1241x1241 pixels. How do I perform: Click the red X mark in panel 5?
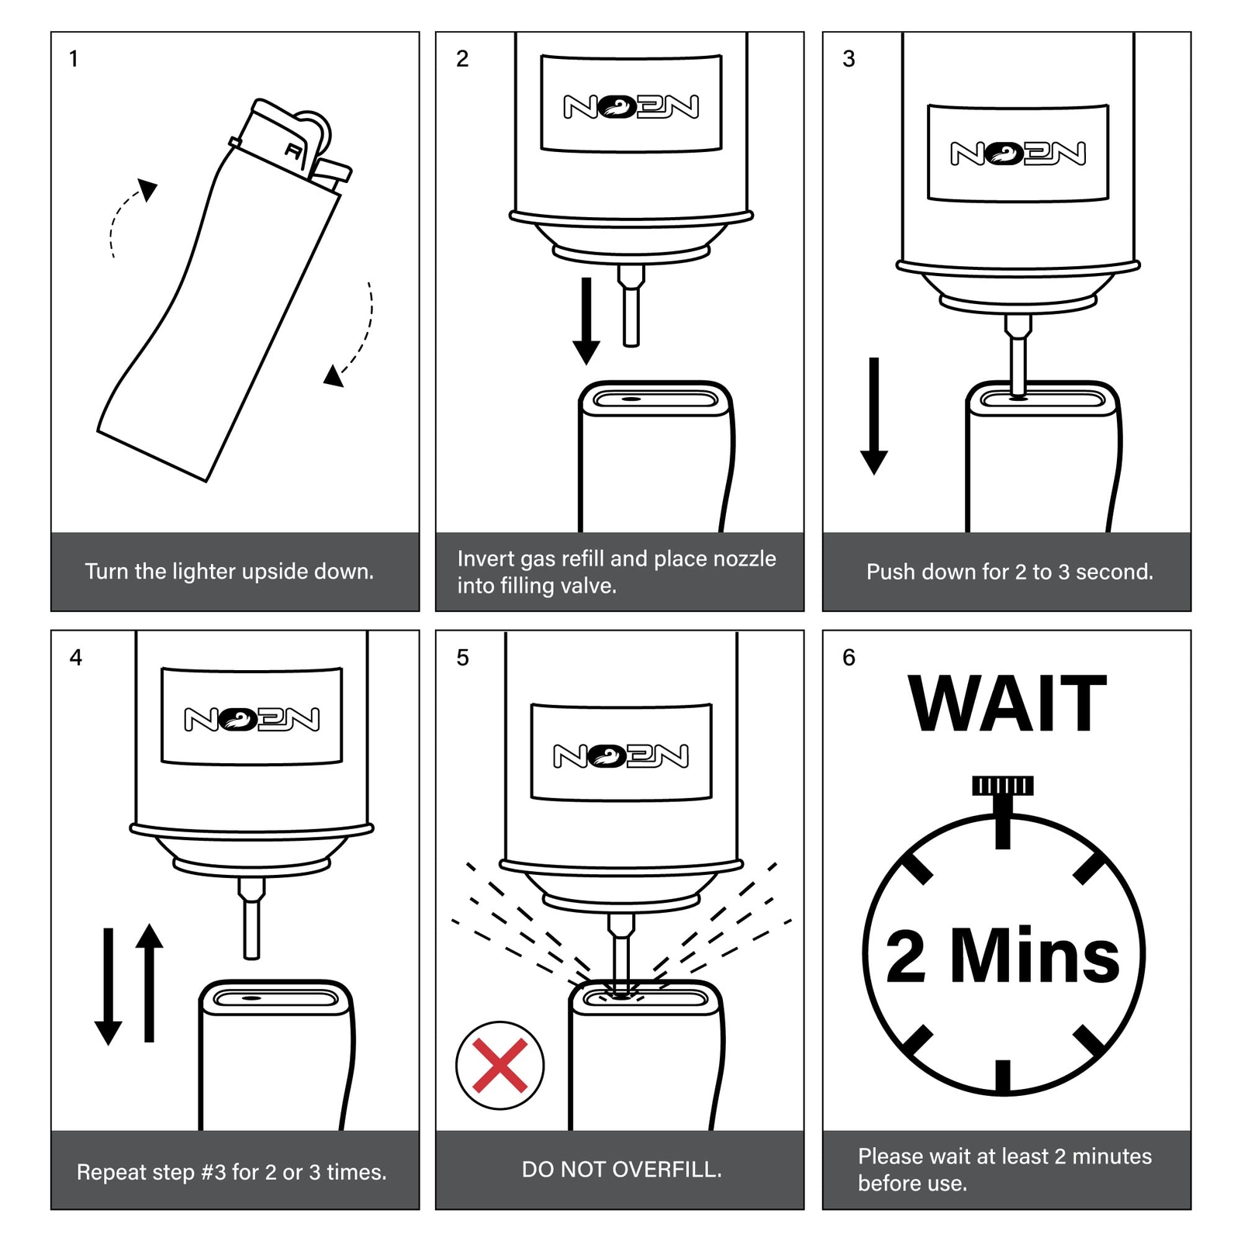500,1065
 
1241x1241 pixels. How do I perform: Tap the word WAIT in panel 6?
1008,703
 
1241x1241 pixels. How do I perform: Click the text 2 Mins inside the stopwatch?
1003,955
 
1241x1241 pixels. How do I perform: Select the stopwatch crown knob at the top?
1003,786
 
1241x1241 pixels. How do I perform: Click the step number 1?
74,59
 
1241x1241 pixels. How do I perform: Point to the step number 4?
75,658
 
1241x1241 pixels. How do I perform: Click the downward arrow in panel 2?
586,321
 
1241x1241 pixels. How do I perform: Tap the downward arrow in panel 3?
874,416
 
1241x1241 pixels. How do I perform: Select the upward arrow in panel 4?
149,983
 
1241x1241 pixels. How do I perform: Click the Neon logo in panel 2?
631,107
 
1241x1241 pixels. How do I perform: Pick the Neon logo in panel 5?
620,756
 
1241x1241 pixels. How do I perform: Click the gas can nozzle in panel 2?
631,306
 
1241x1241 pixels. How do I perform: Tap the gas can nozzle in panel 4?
251,918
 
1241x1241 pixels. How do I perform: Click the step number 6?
849,658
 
